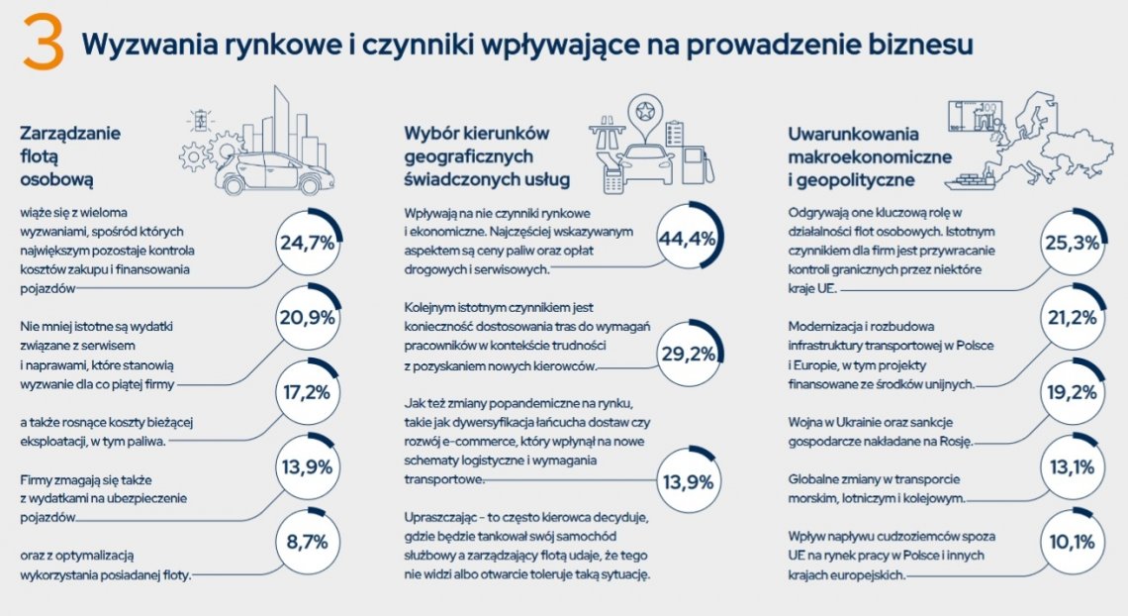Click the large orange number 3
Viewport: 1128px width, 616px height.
pos(44,44)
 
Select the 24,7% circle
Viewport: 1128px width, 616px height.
pos(307,243)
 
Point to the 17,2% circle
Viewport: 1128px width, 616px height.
pos(307,392)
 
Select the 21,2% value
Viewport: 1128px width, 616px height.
pos(1071,318)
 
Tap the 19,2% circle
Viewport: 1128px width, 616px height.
pos(1071,392)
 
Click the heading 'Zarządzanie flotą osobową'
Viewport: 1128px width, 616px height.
pos(60,155)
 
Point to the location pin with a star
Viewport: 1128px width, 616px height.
pos(647,115)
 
